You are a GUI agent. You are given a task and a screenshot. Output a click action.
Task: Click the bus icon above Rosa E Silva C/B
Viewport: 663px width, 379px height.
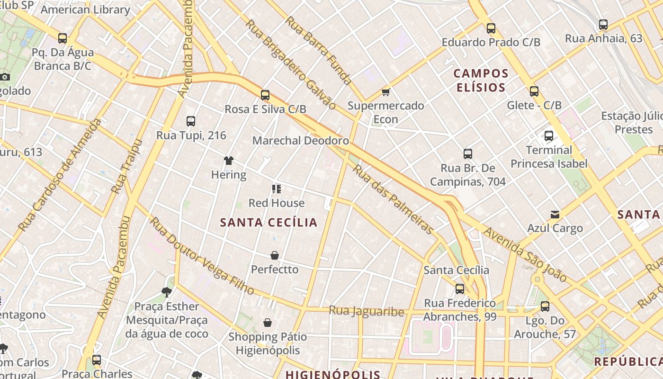coord(265,95)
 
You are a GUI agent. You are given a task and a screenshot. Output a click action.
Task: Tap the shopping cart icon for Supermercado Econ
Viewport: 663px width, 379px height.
coord(386,92)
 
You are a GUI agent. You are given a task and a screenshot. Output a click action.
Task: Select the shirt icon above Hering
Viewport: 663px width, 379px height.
coord(229,161)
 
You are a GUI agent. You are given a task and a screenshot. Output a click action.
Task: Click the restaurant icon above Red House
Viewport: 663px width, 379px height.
coord(277,189)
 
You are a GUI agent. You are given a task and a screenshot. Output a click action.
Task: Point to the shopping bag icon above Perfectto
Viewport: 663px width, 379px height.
coord(275,255)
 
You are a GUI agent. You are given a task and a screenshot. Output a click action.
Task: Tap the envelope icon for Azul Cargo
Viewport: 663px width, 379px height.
coord(555,215)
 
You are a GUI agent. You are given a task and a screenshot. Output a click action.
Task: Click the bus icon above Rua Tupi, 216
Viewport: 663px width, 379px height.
coord(191,121)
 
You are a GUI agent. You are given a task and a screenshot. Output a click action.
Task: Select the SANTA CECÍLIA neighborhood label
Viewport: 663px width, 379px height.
coord(269,222)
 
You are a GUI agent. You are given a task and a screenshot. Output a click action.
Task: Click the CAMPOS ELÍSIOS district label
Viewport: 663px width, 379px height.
coord(481,81)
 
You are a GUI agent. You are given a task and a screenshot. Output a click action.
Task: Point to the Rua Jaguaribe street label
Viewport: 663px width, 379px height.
coord(367,311)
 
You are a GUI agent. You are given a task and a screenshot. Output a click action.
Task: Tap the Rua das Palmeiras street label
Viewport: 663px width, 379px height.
coord(393,199)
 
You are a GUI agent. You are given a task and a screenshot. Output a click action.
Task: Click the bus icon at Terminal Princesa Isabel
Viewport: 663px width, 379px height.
coord(549,136)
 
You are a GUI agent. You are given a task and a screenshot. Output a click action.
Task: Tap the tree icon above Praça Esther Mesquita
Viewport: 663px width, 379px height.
coord(166,292)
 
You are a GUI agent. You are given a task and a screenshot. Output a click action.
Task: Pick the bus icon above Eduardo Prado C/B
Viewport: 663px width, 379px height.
coord(491,28)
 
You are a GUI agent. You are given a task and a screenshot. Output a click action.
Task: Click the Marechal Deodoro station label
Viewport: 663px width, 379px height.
coord(301,141)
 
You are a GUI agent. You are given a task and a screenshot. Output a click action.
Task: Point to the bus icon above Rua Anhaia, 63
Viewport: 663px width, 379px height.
coord(603,25)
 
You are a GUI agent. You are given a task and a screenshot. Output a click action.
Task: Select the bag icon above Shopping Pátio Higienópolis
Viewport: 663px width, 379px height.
coord(268,323)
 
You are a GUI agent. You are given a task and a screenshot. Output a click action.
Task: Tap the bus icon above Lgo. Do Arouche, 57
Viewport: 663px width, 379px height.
coord(545,307)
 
